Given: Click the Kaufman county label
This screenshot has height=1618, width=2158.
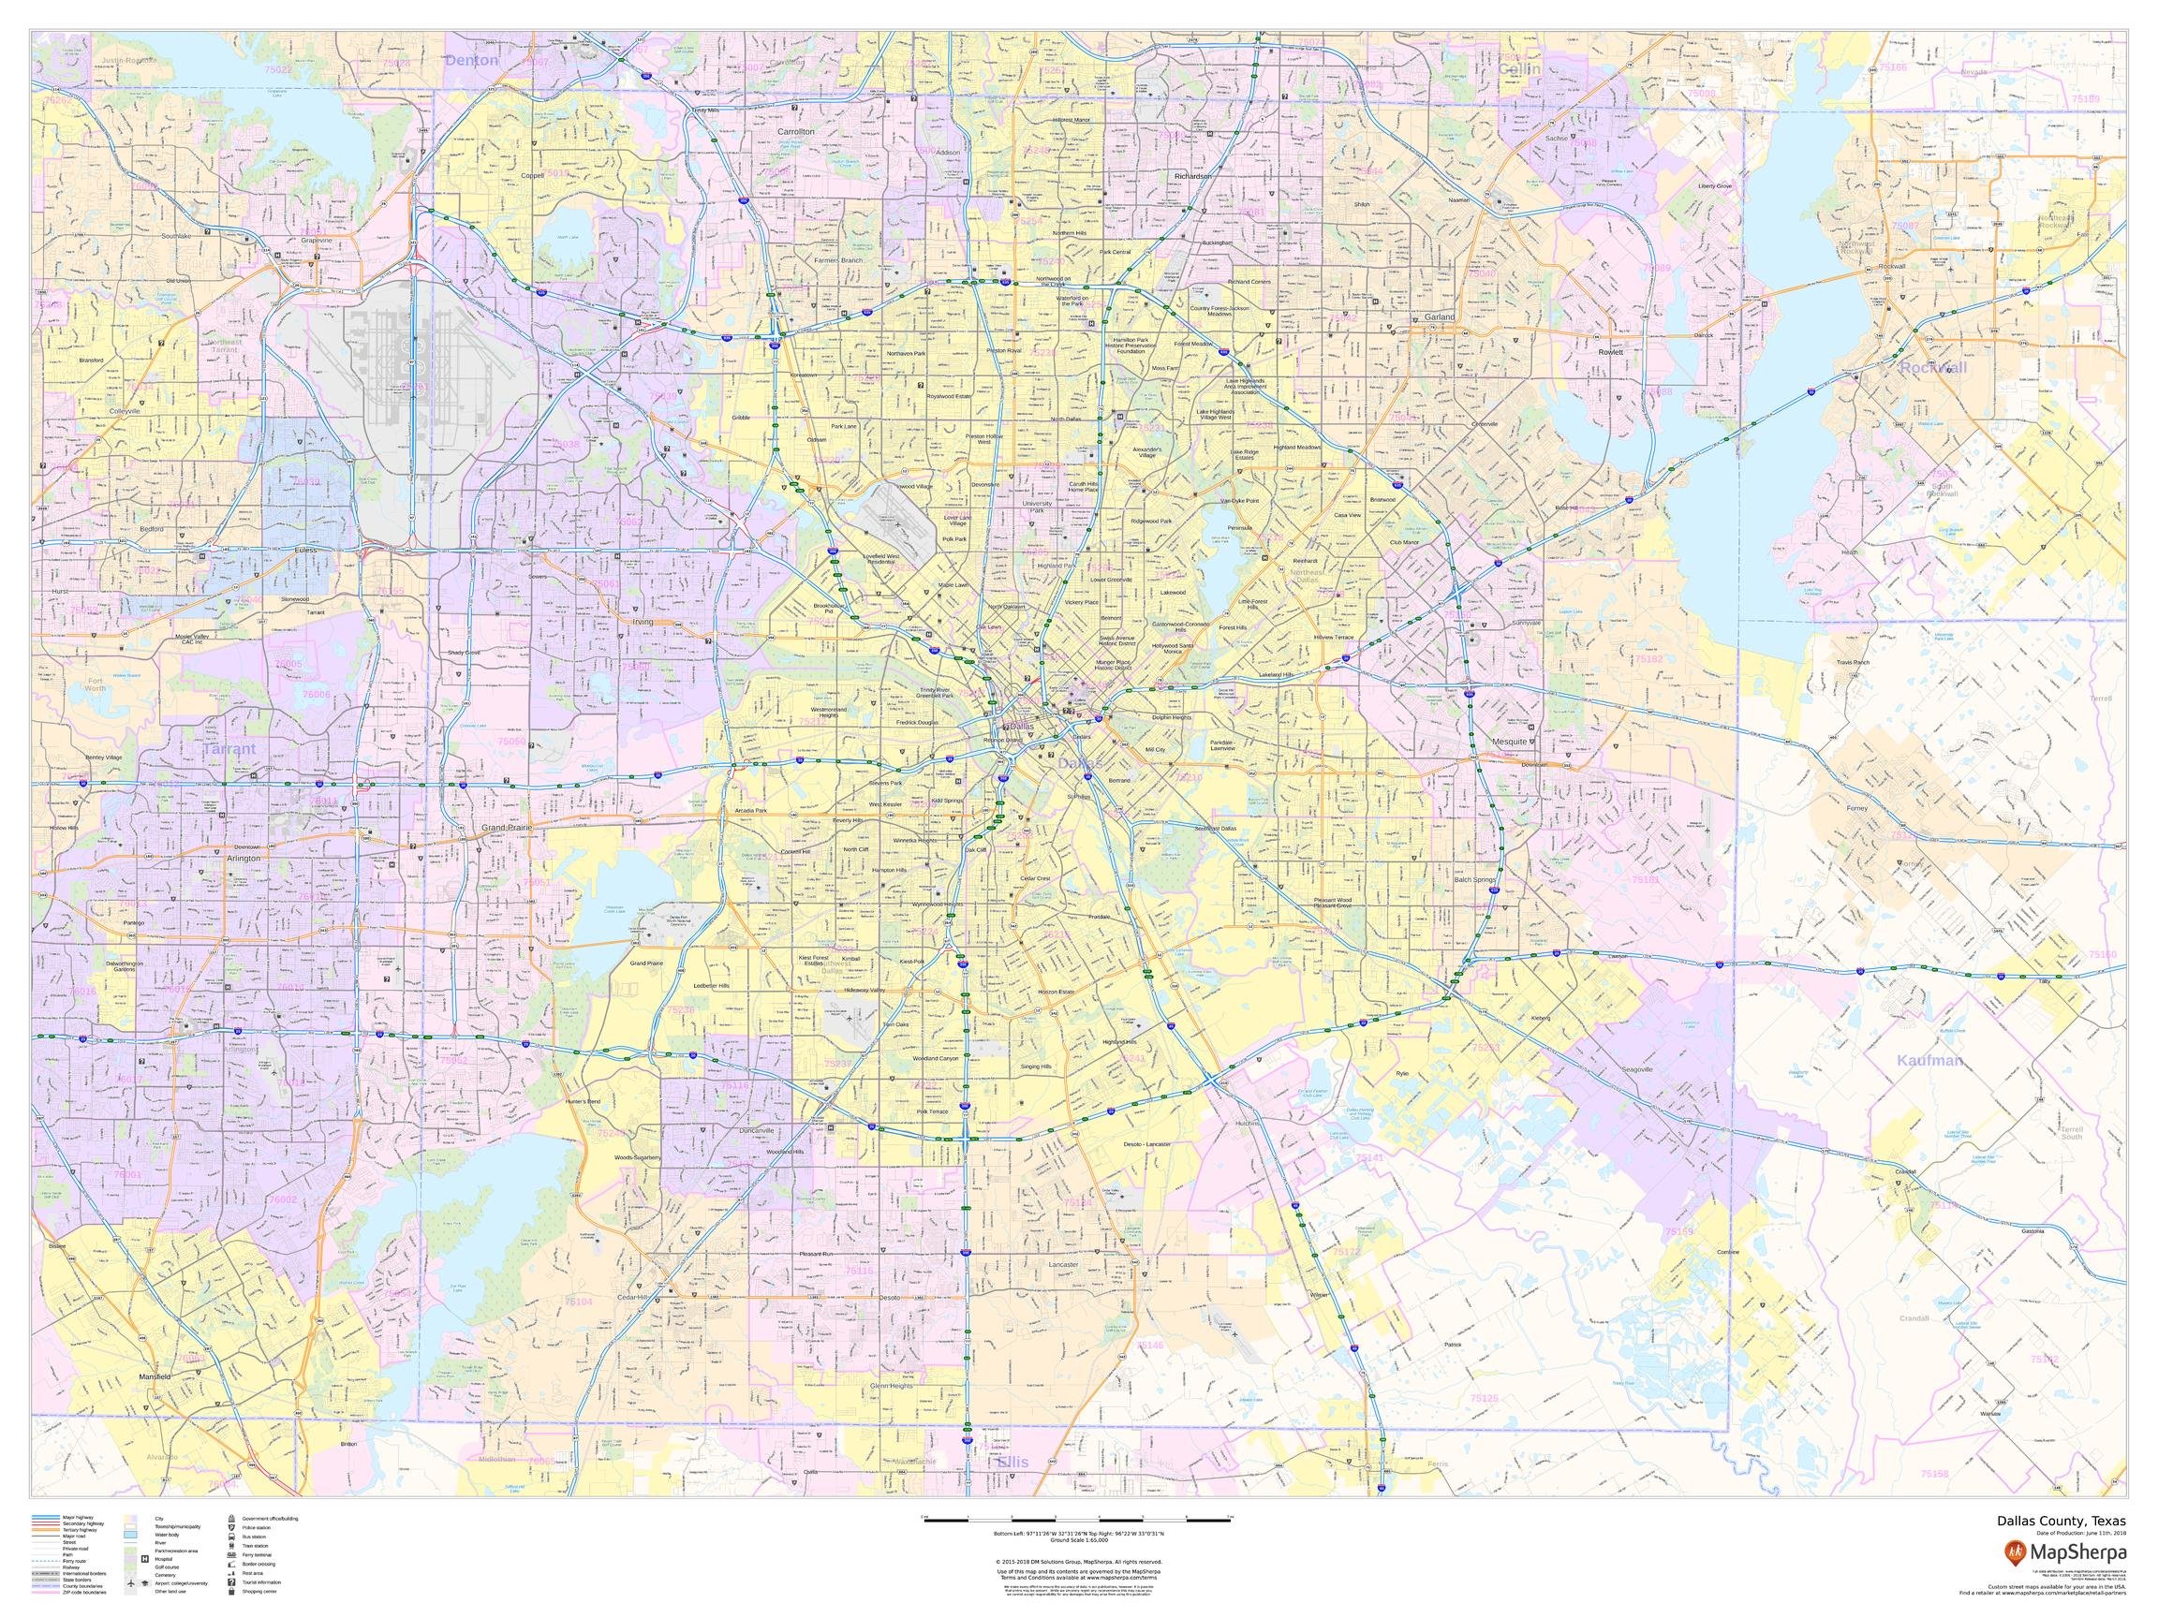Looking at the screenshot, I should click(1929, 1059).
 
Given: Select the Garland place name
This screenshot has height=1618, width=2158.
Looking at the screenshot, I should click(1438, 317).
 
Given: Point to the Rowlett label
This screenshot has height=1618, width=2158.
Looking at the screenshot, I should click(1610, 352).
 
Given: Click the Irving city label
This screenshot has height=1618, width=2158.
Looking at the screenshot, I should click(642, 621).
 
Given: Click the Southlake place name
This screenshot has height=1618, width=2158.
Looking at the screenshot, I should click(177, 236).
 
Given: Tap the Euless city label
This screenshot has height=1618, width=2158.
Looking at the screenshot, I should click(305, 550).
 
